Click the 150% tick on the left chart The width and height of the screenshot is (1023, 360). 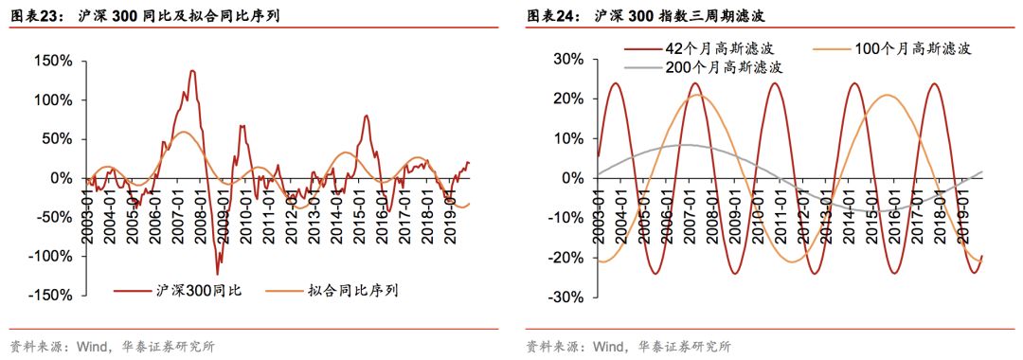click(x=54, y=61)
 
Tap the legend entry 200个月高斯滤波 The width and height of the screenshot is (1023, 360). click(x=725, y=67)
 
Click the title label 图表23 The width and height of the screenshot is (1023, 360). click(x=30, y=16)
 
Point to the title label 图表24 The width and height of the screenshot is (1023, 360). click(x=547, y=16)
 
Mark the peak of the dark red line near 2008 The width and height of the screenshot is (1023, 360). click(x=192, y=70)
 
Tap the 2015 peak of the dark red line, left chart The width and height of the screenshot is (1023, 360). click(x=368, y=116)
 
